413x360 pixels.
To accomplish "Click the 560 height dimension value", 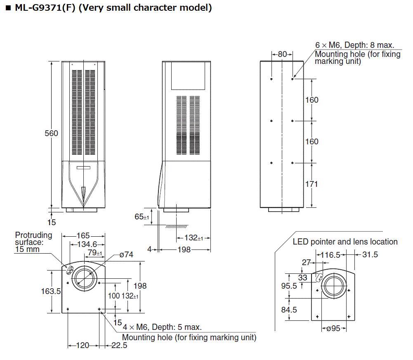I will tap(52, 133).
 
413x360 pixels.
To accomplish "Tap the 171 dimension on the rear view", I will tap(312, 184).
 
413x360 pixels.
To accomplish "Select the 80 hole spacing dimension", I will tap(282, 54).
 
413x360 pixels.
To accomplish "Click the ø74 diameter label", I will tap(126, 255).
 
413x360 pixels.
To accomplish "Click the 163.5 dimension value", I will tap(51, 291).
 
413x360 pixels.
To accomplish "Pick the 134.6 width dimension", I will tap(85, 244).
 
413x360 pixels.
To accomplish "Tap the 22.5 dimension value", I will tap(119, 346).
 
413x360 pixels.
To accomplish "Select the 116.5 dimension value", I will tap(332, 255).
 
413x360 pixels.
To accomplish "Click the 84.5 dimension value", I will tap(289, 309).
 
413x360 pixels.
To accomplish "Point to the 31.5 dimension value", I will tap(370, 255).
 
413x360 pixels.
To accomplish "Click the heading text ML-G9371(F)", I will tap(45, 7).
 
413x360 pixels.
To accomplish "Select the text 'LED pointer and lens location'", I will tap(345, 242).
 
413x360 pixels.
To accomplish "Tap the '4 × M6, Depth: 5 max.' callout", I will tap(162, 327).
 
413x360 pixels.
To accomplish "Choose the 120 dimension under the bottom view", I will tap(83, 346).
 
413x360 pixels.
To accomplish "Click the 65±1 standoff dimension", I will tap(142, 217).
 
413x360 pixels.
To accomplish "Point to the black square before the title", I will tap(8, 8).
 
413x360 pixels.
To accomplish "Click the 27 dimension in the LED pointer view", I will tap(306, 262).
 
